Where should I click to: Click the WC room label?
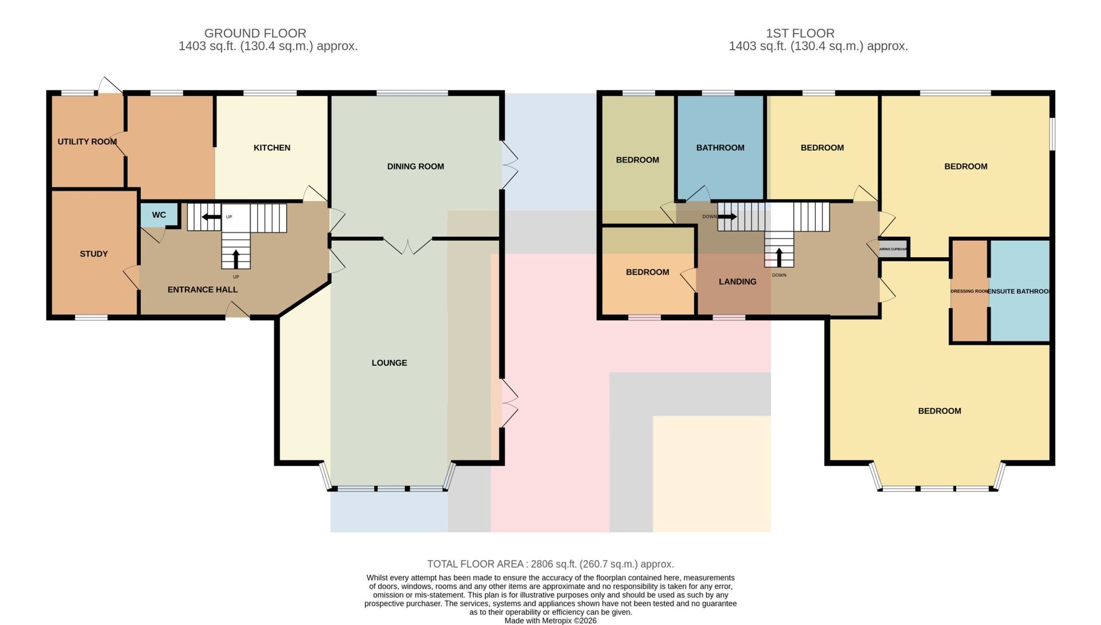(x=159, y=215)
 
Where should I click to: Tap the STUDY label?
(x=94, y=254)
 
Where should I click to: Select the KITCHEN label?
(x=272, y=148)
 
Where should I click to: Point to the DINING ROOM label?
(x=416, y=166)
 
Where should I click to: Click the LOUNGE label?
(x=389, y=363)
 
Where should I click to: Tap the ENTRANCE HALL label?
(x=203, y=290)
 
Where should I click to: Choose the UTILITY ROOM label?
(x=87, y=142)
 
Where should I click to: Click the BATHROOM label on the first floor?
(x=720, y=148)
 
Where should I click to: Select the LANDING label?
(x=738, y=281)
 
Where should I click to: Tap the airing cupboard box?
(x=893, y=248)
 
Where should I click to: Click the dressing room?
(x=969, y=291)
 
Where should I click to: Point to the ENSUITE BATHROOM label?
(x=1019, y=291)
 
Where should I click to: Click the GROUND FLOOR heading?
(x=255, y=33)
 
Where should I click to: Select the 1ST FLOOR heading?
(x=800, y=33)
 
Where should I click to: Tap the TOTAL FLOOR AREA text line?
(x=550, y=564)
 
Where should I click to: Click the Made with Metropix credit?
(x=550, y=621)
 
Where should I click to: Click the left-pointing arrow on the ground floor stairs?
(x=211, y=217)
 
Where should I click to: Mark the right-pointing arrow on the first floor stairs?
(x=727, y=217)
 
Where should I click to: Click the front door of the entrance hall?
(x=238, y=311)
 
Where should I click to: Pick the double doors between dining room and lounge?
(x=407, y=246)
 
